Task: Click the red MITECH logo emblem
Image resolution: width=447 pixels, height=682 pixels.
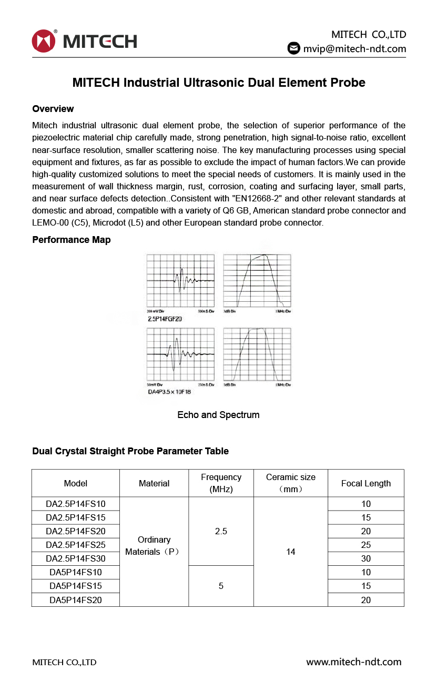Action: click(x=43, y=41)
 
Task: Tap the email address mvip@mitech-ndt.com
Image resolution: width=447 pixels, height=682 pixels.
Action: click(x=354, y=49)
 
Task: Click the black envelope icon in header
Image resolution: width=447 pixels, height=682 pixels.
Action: click(x=293, y=48)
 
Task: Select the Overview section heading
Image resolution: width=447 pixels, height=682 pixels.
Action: click(x=53, y=109)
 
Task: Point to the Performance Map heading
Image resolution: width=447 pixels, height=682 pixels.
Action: click(x=72, y=240)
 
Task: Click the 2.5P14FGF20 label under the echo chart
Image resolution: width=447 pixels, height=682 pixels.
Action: click(x=165, y=319)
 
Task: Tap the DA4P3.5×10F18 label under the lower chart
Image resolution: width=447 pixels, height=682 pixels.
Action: click(x=169, y=392)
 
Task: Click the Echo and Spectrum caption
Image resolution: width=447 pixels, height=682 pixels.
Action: click(x=218, y=415)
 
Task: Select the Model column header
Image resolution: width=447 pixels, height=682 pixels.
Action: click(x=76, y=483)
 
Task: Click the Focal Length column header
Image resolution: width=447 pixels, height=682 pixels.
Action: click(x=366, y=483)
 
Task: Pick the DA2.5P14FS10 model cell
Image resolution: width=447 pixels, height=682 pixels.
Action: click(x=76, y=504)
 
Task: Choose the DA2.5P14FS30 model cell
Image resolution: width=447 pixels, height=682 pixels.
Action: click(x=76, y=558)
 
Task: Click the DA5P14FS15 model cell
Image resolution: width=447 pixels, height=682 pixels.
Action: click(x=76, y=586)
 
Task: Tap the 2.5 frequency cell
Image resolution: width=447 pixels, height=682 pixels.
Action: click(x=221, y=531)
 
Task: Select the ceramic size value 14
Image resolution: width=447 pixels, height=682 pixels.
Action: click(x=291, y=552)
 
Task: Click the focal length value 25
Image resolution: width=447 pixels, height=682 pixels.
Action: click(x=366, y=545)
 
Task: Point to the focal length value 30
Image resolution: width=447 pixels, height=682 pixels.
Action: click(x=366, y=558)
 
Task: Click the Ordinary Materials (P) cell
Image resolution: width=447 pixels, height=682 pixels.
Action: click(x=154, y=546)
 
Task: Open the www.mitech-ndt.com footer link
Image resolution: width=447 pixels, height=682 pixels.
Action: click(x=354, y=662)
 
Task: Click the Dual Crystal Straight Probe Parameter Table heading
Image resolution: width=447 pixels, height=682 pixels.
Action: click(x=130, y=451)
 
